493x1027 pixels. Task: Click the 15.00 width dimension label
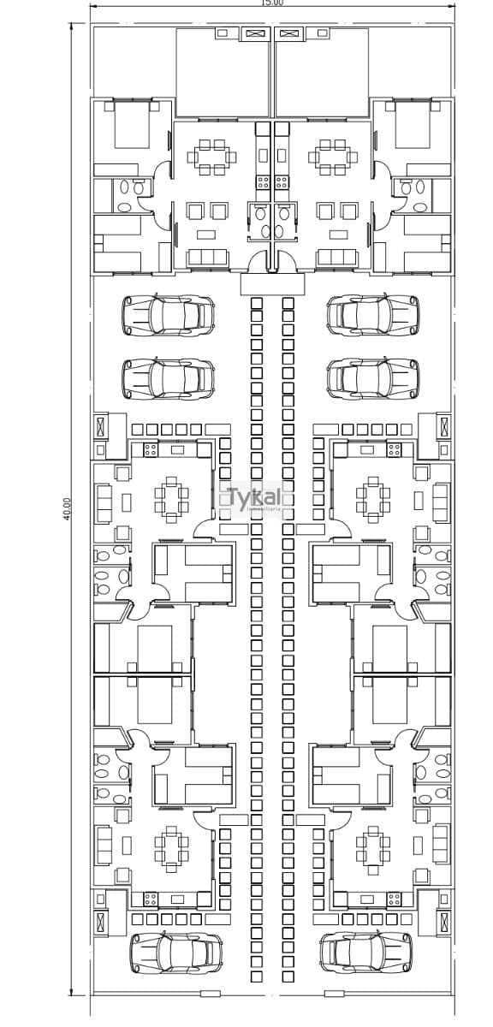[x=272, y=3]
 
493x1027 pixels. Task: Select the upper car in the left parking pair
[x=168, y=315]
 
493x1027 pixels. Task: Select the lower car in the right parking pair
[x=373, y=377]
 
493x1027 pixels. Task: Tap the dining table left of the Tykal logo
[x=171, y=499]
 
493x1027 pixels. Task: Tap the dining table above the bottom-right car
[x=373, y=846]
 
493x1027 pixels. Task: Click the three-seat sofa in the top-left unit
[x=207, y=258]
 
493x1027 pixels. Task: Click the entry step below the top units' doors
[x=272, y=284]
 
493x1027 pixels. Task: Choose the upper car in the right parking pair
[x=373, y=315]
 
